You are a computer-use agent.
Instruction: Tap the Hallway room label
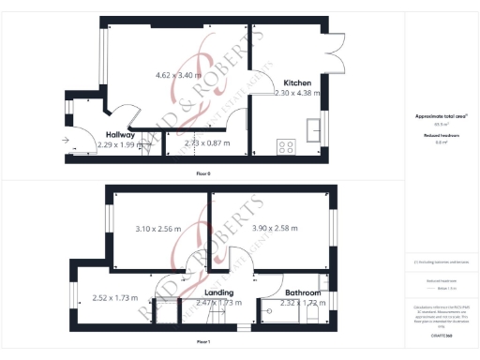(x=121, y=135)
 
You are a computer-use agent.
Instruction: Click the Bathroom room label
(x=304, y=293)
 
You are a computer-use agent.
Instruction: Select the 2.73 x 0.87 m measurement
(x=207, y=143)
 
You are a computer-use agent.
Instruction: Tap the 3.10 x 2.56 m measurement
(x=158, y=229)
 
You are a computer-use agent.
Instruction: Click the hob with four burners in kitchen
(x=285, y=146)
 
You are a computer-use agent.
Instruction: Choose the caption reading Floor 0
(x=203, y=174)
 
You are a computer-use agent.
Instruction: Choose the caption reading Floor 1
(x=203, y=342)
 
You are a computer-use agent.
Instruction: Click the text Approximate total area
(x=441, y=116)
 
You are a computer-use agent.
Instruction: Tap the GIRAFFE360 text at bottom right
(x=441, y=333)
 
